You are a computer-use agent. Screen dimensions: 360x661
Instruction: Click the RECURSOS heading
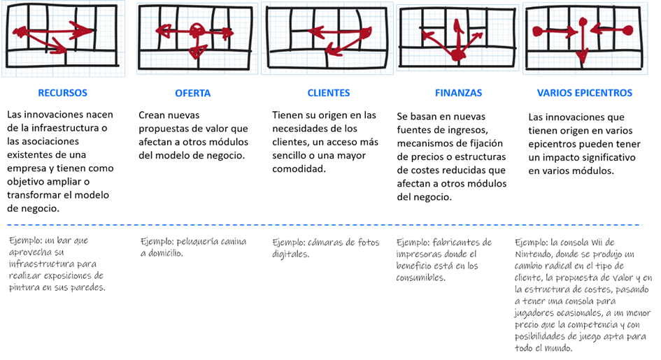click(x=64, y=93)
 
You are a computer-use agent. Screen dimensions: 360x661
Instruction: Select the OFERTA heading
click(x=192, y=94)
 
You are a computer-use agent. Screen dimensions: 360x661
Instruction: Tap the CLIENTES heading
click(x=328, y=93)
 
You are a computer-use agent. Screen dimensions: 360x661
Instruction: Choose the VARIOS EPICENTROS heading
click(x=585, y=93)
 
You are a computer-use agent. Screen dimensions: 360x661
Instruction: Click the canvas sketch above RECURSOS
click(x=64, y=38)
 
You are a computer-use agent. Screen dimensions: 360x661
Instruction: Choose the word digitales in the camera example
click(x=290, y=255)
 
